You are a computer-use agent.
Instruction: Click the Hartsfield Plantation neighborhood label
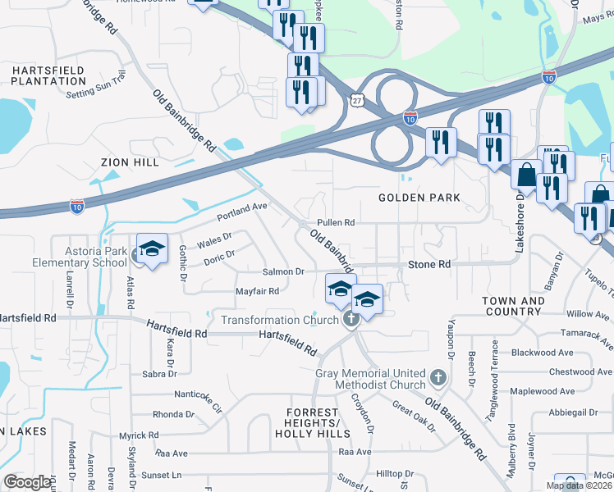tap(48, 76)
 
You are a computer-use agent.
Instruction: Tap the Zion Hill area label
tap(129, 163)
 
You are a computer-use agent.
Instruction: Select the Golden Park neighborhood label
tap(419, 198)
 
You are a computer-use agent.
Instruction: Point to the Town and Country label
tap(512, 307)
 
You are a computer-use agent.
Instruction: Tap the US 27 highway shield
tap(355, 99)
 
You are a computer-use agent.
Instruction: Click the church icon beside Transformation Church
tap(351, 320)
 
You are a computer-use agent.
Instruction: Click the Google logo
tap(27, 482)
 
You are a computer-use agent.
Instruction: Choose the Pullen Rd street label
tap(336, 223)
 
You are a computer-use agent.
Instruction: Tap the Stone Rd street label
tap(430, 265)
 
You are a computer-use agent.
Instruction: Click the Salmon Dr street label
tap(283, 271)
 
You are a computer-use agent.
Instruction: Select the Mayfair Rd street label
tap(258, 291)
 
